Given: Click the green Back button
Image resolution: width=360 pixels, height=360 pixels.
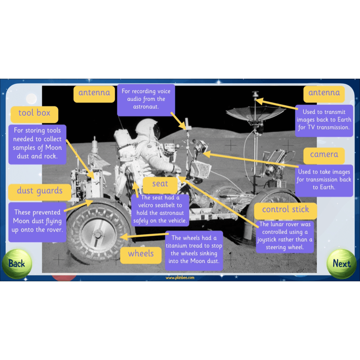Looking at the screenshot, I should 17,264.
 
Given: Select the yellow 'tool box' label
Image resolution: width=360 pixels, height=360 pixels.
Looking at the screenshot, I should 34,113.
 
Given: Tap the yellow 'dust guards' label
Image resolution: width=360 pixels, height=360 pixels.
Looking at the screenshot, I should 40,191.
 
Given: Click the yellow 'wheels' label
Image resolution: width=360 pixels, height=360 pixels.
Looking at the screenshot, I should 140,254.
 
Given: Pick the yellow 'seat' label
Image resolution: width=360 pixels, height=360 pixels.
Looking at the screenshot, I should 160,184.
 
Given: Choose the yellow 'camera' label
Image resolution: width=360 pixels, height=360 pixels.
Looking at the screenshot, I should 324,154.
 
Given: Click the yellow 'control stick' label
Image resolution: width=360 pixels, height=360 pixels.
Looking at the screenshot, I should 285,210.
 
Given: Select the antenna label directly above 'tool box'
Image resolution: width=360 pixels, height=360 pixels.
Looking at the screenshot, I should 94,93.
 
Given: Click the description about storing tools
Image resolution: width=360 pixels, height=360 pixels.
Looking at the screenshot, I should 37,144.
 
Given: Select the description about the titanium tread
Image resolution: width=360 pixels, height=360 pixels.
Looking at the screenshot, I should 194,250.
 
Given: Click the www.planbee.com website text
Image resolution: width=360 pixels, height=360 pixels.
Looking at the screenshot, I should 180,278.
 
